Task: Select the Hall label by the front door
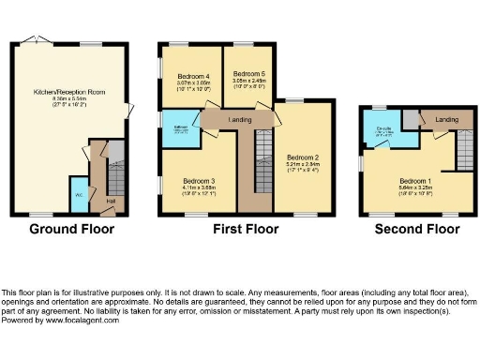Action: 110,201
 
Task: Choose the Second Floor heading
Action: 410,229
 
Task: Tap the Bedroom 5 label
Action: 249,73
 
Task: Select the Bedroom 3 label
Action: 200,180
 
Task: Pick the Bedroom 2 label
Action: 303,157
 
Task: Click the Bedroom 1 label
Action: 413,180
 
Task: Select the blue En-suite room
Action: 382,131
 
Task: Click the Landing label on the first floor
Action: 240,118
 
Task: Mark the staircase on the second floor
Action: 462,150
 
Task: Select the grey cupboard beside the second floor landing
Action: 410,119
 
